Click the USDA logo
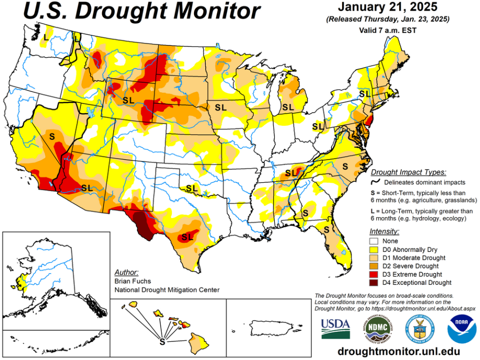click(x=334, y=328)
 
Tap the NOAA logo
click(x=462, y=328)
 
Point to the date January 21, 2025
click(x=388, y=8)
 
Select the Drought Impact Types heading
click(x=408, y=172)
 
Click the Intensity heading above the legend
click(x=385, y=231)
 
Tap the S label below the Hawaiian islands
click(x=162, y=341)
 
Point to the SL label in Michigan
click(x=288, y=107)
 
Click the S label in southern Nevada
click(x=52, y=136)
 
